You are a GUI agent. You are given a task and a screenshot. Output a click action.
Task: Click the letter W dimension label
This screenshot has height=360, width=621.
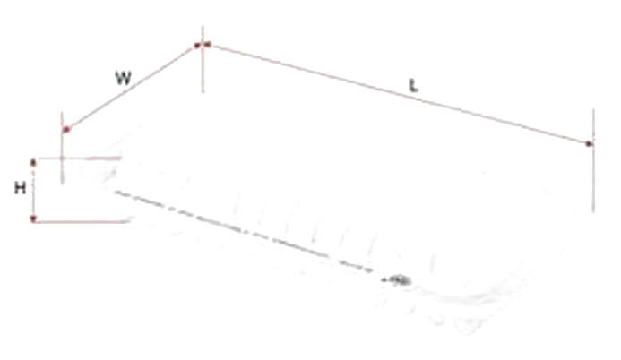(123, 78)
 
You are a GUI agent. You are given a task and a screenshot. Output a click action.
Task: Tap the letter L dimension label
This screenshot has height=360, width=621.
(413, 85)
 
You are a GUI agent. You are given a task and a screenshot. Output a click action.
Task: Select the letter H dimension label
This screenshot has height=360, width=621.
(21, 188)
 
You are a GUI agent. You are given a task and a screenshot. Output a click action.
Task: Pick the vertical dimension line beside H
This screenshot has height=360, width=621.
(34, 190)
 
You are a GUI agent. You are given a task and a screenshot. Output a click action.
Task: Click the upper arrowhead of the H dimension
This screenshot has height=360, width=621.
(34, 161)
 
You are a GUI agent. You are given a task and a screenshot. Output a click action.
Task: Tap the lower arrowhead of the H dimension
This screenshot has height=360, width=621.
(34, 219)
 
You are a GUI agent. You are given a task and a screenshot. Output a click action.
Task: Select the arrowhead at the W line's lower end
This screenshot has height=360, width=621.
(67, 129)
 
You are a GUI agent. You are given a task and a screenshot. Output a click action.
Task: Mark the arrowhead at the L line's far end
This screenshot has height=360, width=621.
(589, 144)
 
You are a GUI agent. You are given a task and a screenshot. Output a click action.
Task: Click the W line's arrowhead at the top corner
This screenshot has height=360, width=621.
(197, 46)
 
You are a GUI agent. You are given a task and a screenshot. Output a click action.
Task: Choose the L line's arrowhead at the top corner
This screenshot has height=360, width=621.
(208, 44)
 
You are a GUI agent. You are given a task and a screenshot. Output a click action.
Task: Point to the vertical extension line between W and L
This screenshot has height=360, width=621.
(203, 59)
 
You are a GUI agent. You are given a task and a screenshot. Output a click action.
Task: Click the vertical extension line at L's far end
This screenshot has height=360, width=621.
(593, 160)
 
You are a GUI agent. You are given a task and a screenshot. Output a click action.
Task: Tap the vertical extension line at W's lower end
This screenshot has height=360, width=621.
(62, 148)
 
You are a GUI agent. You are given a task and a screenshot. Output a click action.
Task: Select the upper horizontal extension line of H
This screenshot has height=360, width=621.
(79, 159)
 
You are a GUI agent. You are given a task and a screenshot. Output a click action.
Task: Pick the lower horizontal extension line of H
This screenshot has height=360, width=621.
(82, 221)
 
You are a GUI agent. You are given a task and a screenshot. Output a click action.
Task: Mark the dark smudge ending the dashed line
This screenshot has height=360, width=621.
(397, 280)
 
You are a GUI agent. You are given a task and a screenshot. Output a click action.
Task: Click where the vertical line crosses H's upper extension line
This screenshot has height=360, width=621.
(62, 159)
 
